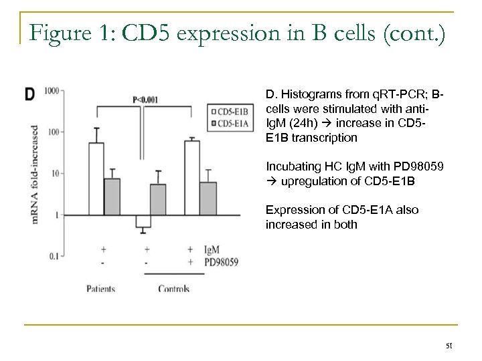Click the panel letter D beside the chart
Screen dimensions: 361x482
tap(31, 96)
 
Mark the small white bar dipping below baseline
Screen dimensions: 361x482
tap(143, 221)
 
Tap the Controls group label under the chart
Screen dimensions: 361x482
tap(173, 289)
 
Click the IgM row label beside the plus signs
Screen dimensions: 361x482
tap(212, 249)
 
